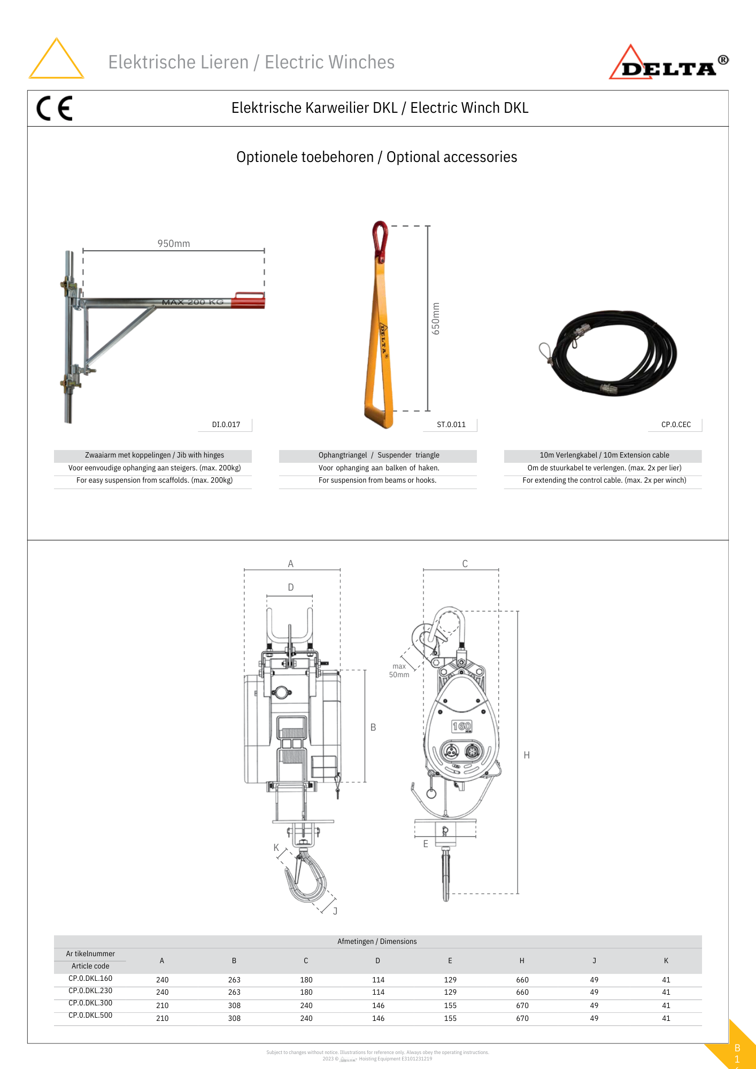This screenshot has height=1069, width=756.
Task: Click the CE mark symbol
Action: pos(54,108)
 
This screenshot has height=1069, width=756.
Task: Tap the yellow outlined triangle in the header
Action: pos(56,60)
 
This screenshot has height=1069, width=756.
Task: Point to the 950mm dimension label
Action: pos(174,244)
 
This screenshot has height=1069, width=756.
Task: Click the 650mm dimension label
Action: pos(436,319)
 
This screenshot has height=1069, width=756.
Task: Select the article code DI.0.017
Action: pos(226,424)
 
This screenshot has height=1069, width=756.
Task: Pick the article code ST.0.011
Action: pos(451,424)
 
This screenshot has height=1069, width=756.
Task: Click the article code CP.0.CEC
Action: pos(676,424)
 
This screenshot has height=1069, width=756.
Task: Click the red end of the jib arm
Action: pos(249,301)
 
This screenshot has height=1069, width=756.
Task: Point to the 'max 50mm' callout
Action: pos(399,670)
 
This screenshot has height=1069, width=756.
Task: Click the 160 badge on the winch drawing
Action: pos(461,726)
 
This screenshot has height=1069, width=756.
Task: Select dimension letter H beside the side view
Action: pos(527,755)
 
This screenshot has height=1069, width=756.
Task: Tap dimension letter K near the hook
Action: pos(276,847)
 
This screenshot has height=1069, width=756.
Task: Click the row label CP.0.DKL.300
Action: pos(90,1003)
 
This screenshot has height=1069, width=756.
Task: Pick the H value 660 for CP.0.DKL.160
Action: pos(522,980)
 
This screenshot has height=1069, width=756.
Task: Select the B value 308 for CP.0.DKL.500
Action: pos(234,1018)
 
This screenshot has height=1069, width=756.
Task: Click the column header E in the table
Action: pos(450,960)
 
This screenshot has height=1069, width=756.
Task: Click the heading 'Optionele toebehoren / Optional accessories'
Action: pos(377,157)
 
